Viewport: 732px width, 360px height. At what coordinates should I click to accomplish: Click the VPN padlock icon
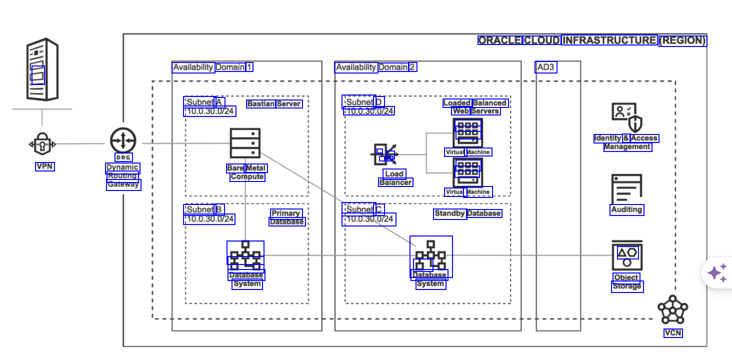42,144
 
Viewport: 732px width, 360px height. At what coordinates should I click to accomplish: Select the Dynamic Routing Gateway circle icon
123,140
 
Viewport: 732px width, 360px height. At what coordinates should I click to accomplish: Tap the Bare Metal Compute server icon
245,143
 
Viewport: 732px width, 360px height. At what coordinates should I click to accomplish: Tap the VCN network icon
672,310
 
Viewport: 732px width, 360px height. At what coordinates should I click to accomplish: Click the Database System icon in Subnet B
245,255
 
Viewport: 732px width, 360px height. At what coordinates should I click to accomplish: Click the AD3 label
545,67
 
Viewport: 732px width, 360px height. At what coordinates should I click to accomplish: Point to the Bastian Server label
274,104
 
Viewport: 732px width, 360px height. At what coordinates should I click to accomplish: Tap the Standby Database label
467,213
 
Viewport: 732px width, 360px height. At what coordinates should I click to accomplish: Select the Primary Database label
286,217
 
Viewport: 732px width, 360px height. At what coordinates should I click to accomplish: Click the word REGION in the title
682,40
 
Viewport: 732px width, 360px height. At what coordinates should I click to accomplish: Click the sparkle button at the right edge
717,273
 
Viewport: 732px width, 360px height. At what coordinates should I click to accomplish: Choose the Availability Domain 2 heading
376,67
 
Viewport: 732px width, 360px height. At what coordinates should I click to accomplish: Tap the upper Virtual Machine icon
467,132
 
